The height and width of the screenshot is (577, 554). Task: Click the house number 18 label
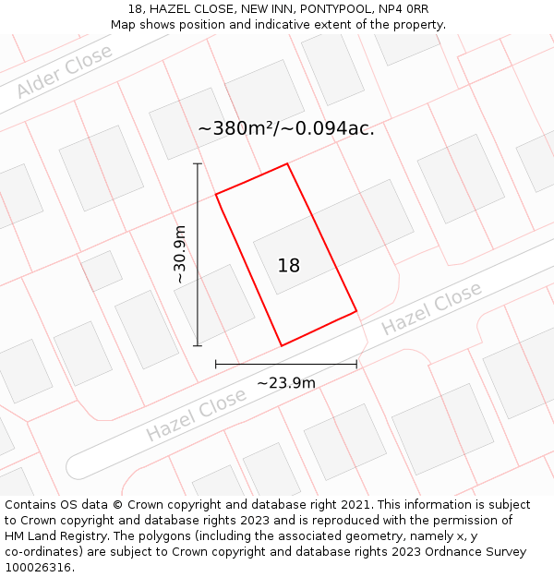pyautogui.click(x=289, y=266)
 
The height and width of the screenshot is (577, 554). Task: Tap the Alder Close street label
pyautogui.click(x=64, y=71)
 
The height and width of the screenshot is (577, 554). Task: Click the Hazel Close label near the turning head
pyautogui.click(x=431, y=309)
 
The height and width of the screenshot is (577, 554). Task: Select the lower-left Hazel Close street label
pyautogui.click(x=196, y=415)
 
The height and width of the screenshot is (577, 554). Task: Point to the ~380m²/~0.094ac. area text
pyautogui.click(x=286, y=128)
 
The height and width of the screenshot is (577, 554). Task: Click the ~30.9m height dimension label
pyautogui.click(x=180, y=254)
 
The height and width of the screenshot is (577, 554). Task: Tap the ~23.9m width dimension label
pyautogui.click(x=286, y=383)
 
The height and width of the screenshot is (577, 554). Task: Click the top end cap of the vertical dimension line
pyautogui.click(x=198, y=164)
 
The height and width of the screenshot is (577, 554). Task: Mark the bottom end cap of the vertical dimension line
pyautogui.click(x=198, y=346)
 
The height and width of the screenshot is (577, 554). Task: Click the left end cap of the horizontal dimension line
pyautogui.click(x=216, y=365)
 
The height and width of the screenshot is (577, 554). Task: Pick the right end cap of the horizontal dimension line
pyautogui.click(x=356, y=365)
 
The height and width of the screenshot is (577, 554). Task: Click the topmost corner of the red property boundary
pyautogui.click(x=287, y=164)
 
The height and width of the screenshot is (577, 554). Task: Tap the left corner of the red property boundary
pyautogui.click(x=216, y=194)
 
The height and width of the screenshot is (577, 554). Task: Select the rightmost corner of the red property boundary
pyautogui.click(x=356, y=311)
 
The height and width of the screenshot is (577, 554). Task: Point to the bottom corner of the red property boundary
pyautogui.click(x=282, y=345)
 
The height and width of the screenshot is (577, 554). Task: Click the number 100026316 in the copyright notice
pyautogui.click(x=37, y=567)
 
